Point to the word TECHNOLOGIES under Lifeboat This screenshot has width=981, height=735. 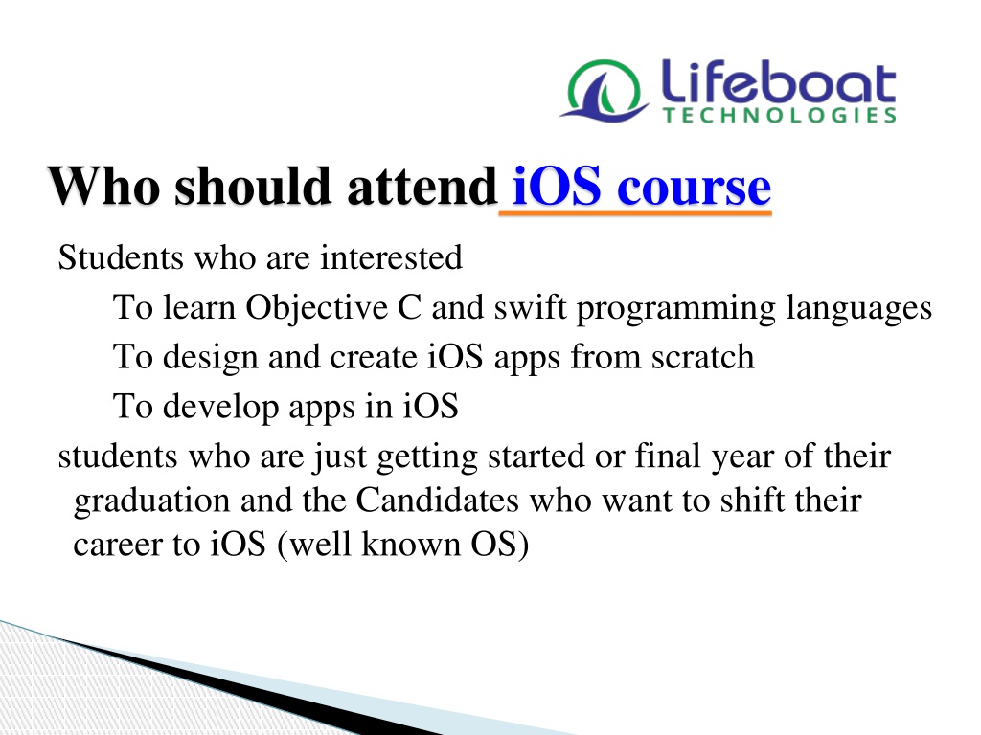(x=780, y=115)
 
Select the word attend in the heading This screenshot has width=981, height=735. (x=422, y=187)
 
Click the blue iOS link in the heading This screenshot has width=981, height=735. (x=557, y=186)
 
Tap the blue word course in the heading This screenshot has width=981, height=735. (x=694, y=189)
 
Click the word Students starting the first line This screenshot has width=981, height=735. (x=121, y=257)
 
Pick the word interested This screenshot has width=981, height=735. (x=392, y=257)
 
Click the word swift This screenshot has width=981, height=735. (x=531, y=307)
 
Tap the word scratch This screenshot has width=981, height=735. (x=702, y=357)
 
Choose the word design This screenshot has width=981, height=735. (x=210, y=358)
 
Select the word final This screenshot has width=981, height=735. (x=668, y=456)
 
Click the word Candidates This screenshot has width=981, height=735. (x=437, y=500)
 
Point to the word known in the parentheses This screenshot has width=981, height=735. (x=411, y=544)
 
